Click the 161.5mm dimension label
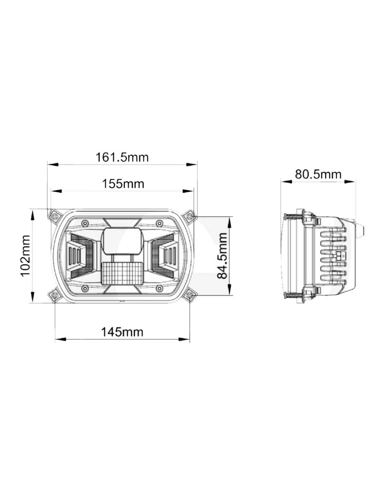tap(122, 158)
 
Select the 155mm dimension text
tap(123, 184)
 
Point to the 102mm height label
tap(25, 256)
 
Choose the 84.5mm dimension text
tap(222, 256)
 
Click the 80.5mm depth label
tap(318, 175)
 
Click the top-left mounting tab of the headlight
tap(55, 216)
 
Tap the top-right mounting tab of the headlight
tap(189, 216)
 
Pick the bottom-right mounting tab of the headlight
tap(189, 295)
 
